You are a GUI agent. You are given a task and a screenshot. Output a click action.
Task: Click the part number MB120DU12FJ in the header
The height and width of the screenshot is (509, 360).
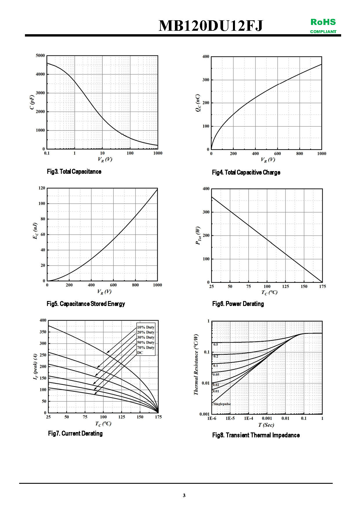[x=211, y=26]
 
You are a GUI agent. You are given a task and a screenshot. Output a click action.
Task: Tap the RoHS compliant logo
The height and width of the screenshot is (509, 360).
[x=323, y=26]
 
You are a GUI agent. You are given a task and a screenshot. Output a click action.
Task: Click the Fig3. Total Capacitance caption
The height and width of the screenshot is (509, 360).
[x=74, y=171]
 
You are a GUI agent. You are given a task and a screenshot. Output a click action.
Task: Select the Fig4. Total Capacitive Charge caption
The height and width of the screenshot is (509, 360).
[x=246, y=173]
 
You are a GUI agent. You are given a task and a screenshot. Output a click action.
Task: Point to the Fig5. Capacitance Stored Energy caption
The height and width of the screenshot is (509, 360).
[x=86, y=304]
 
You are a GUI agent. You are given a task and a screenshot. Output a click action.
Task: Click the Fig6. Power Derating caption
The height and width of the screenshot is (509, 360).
[x=238, y=304]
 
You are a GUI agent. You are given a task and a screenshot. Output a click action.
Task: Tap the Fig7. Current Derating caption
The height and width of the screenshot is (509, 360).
[x=75, y=433]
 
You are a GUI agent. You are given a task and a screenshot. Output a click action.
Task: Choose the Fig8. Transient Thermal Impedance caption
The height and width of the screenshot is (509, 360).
[x=256, y=435]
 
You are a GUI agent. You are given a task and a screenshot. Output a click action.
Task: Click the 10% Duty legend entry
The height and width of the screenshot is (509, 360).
[x=146, y=327]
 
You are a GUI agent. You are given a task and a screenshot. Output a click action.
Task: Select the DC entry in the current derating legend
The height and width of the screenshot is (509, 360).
[x=140, y=353]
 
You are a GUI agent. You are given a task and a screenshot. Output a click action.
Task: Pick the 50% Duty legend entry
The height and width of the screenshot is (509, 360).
[x=146, y=343]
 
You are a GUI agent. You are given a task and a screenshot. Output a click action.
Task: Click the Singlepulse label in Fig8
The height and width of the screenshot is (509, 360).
[x=222, y=404]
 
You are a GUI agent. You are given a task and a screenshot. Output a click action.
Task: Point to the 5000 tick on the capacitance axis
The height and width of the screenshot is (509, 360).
[x=40, y=55]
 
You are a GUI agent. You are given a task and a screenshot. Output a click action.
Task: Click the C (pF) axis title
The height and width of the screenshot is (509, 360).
[x=32, y=102]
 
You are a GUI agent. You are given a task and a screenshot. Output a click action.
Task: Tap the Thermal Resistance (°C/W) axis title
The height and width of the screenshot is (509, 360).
[x=196, y=364]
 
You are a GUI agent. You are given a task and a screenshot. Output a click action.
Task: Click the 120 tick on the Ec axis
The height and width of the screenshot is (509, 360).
[x=42, y=188]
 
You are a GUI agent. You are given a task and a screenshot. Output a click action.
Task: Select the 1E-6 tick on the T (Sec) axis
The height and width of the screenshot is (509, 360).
[x=212, y=418]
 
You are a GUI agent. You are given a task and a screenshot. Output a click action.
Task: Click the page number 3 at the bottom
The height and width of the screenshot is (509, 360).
[x=184, y=495]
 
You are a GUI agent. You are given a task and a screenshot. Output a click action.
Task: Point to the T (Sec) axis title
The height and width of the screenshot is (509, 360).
[x=266, y=425]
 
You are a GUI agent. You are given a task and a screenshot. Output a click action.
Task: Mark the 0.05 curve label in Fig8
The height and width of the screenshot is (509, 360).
[x=216, y=375]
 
